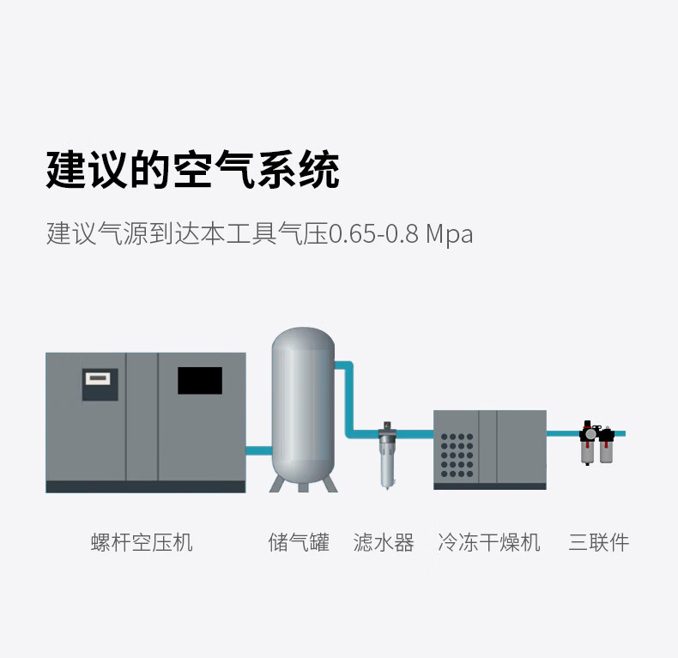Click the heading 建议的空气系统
coord(192,170)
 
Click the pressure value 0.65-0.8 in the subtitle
coord(373,234)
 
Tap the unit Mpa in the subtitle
coord(450,235)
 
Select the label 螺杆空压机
coord(142,542)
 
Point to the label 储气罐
coord(299,542)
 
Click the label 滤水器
coord(384,542)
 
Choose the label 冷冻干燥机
coord(489,542)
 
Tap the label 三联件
coord(599,542)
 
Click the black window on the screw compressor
coord(200,380)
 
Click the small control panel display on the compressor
coord(98,379)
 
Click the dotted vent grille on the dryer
coord(457,456)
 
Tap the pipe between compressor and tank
coord(259,450)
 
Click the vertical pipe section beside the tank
coord(350,399)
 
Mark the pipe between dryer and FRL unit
coord(563,433)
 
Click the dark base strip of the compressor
coord(146,486)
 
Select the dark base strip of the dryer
coord(490,486)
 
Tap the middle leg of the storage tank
coord(303,487)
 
